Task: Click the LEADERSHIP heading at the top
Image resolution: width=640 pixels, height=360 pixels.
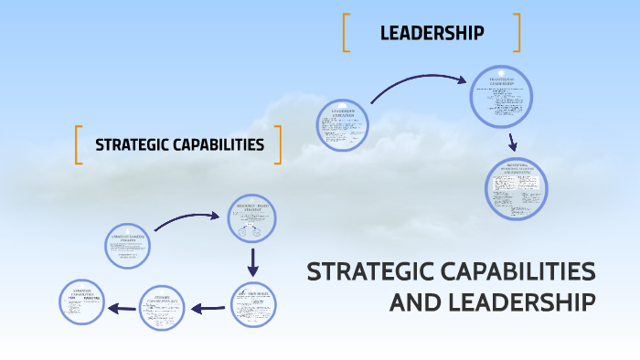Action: click(x=432, y=34)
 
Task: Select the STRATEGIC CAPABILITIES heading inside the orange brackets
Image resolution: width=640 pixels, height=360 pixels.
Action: click(x=179, y=144)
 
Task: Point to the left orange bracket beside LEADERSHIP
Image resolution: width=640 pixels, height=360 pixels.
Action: click(x=347, y=33)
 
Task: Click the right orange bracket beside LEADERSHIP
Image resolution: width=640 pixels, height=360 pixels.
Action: click(x=517, y=33)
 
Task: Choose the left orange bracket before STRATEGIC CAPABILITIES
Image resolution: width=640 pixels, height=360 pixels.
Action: click(x=79, y=144)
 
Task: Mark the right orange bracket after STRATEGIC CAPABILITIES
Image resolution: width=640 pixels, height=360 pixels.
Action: click(x=277, y=144)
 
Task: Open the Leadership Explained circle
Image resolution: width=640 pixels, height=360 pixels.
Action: click(x=343, y=125)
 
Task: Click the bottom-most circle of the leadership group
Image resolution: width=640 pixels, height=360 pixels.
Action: click(x=517, y=189)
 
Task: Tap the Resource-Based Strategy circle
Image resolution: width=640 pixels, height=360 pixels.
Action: click(x=251, y=221)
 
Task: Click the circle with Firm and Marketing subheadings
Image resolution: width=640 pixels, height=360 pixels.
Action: click(x=84, y=302)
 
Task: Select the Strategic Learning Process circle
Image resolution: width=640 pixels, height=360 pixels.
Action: click(x=127, y=246)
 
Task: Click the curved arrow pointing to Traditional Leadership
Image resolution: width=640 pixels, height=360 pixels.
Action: click(x=416, y=84)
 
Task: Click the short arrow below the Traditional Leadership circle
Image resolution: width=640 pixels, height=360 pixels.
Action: click(x=513, y=142)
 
